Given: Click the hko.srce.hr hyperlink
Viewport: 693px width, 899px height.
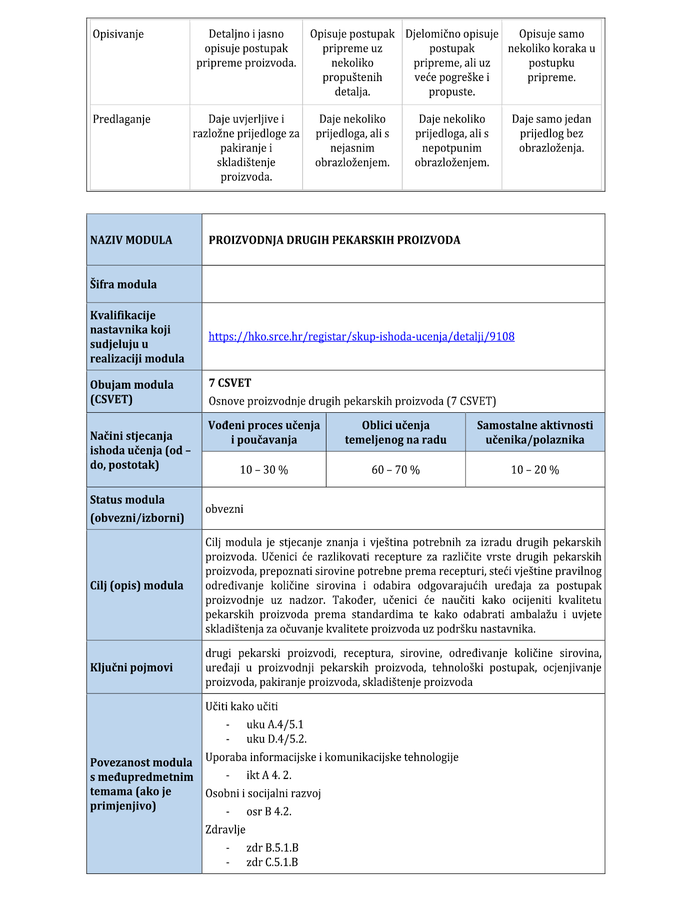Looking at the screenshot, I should click(x=361, y=336).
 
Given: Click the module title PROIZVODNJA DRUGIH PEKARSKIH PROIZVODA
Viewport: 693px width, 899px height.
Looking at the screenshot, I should click(x=334, y=240).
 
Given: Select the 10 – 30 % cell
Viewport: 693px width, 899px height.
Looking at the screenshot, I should click(x=264, y=470).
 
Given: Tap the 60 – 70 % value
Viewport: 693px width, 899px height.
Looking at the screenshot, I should click(x=395, y=470).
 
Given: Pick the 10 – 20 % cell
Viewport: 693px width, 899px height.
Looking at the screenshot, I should click(x=534, y=470).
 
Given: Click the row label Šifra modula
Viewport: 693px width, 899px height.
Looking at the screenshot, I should click(x=123, y=284).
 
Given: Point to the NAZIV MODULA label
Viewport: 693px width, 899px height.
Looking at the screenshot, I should click(x=131, y=240).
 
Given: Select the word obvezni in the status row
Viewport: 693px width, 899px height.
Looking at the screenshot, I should click(x=224, y=509).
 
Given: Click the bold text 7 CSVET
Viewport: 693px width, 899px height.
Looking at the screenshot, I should click(x=230, y=383).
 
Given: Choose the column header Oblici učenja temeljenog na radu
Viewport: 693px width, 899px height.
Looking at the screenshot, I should click(x=395, y=432).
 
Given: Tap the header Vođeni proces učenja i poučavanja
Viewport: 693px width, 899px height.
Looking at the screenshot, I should click(x=264, y=432).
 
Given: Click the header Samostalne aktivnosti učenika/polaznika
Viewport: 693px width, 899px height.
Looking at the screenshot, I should click(x=534, y=432).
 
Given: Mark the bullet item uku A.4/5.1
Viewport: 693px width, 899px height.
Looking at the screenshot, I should click(x=274, y=724).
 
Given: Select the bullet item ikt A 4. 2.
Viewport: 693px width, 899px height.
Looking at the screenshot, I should click(x=268, y=775).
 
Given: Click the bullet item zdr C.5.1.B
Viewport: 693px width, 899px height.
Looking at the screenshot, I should click(x=272, y=862).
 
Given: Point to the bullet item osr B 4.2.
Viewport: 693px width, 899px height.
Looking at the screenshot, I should click(x=268, y=811).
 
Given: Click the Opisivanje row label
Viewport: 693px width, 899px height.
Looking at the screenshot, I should click(x=118, y=34).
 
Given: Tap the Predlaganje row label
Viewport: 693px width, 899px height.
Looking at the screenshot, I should click(x=121, y=119).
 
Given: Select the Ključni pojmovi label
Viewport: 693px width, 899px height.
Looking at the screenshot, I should click(x=131, y=667).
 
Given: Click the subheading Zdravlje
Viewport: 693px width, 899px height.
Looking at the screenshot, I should click(x=225, y=829).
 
